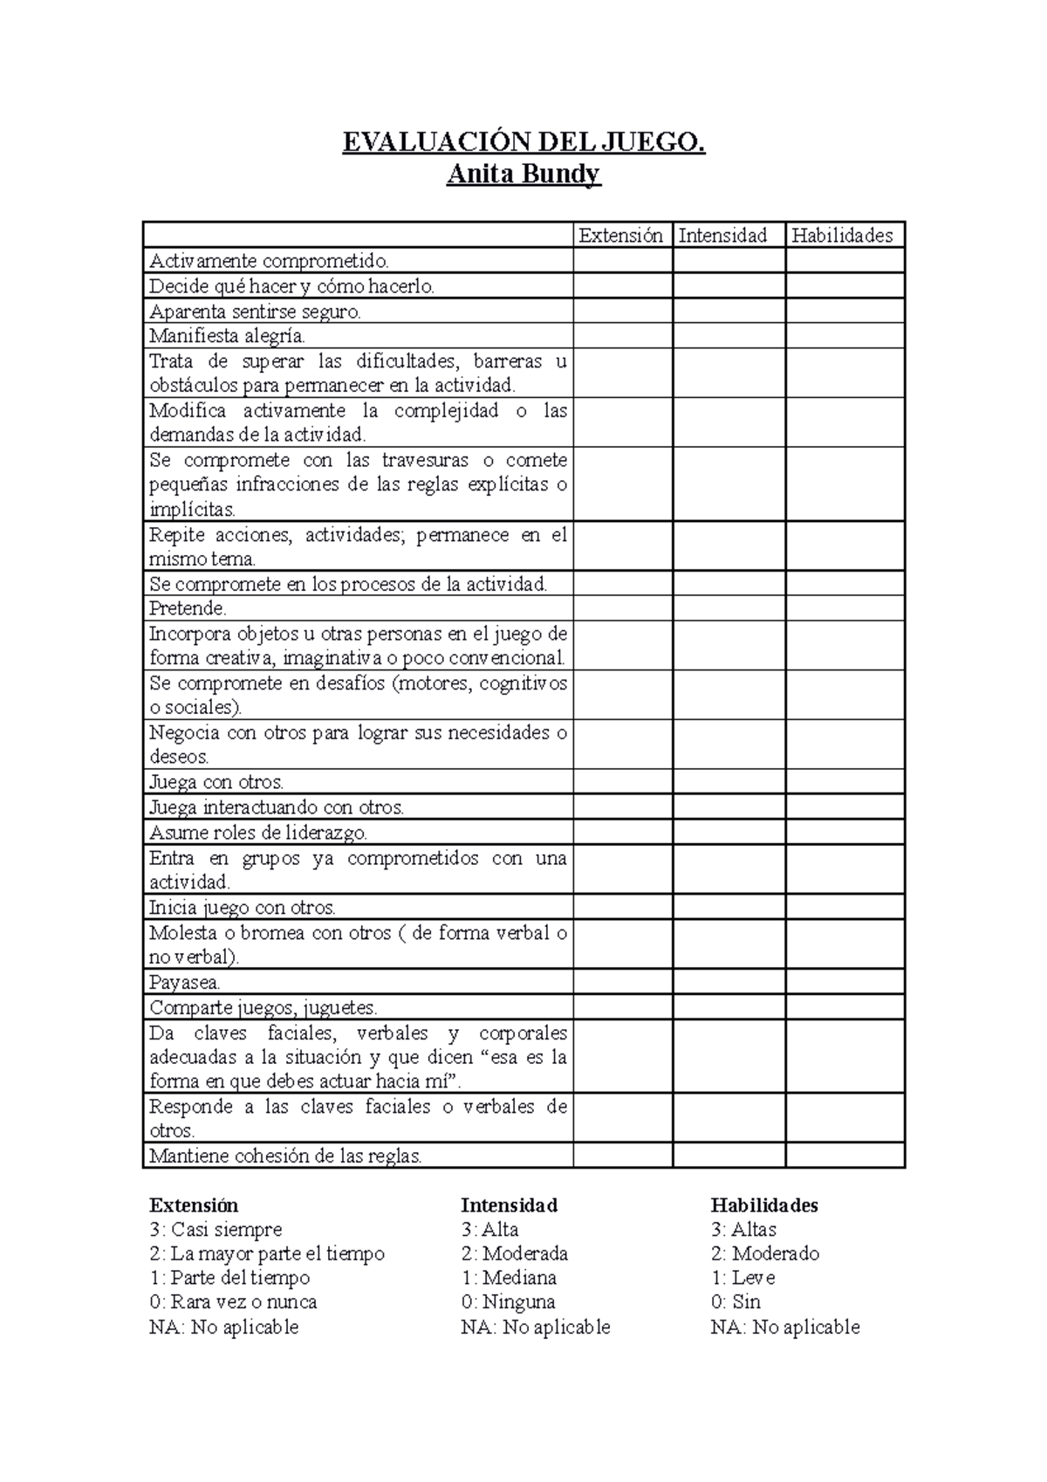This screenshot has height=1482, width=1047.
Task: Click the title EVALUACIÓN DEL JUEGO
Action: click(x=523, y=142)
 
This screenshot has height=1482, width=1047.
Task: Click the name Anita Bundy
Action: click(x=523, y=175)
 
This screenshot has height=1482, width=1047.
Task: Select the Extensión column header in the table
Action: click(x=621, y=236)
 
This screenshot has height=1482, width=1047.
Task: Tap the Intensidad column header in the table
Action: click(x=722, y=236)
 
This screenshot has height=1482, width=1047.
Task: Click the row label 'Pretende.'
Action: click(x=188, y=608)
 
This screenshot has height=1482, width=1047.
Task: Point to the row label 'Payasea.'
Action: click(x=184, y=982)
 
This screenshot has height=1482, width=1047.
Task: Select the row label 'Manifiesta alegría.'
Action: click(x=227, y=336)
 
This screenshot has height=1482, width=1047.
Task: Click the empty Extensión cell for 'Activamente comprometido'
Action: click(x=622, y=261)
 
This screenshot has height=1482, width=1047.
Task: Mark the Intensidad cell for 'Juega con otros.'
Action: click(x=729, y=782)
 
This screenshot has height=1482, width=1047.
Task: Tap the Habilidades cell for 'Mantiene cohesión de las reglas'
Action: click(x=845, y=1156)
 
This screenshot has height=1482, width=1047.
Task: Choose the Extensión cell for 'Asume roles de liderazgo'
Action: click(x=622, y=832)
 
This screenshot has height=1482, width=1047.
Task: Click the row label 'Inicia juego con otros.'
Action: click(x=243, y=908)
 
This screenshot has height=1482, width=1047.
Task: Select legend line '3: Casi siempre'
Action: click(x=216, y=1230)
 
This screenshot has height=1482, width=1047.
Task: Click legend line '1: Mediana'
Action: click(x=509, y=1278)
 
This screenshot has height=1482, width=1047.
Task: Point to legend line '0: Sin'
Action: click(x=736, y=1302)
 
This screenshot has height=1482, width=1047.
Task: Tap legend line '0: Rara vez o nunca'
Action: click(x=233, y=1302)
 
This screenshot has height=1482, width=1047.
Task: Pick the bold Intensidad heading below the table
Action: click(x=509, y=1205)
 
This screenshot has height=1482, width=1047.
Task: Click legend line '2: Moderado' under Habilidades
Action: click(x=764, y=1254)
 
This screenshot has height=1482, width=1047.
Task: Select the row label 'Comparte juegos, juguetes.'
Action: click(x=263, y=1007)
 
